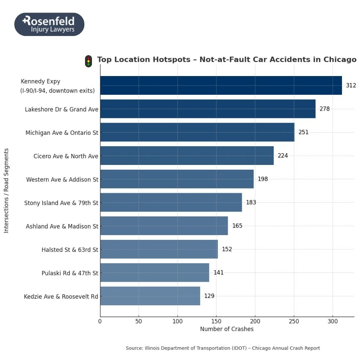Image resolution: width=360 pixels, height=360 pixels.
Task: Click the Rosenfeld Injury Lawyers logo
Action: (49, 24)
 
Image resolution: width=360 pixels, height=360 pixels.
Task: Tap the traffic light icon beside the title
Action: (88, 61)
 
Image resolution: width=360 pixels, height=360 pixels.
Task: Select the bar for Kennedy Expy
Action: (221, 86)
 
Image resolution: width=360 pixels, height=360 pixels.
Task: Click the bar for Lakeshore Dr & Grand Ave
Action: (208, 109)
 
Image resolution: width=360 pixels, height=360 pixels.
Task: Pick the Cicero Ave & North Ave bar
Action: (187, 156)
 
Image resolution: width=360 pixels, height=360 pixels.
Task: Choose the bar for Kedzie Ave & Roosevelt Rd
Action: (150, 296)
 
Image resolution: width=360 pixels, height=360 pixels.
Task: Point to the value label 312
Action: (351, 86)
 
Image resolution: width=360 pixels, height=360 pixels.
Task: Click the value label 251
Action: (303, 132)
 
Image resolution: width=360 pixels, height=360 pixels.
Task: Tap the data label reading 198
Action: (263, 179)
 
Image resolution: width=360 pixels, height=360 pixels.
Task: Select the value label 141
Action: (219, 273)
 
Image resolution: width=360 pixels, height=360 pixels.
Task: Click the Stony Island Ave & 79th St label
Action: (61, 203)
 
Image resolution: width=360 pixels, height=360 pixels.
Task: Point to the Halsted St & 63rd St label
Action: (70, 250)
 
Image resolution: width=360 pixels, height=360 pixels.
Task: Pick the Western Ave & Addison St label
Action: (62, 180)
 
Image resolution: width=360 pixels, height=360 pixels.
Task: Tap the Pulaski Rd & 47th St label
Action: (70, 273)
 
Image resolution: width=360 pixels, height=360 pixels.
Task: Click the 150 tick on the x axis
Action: (216, 322)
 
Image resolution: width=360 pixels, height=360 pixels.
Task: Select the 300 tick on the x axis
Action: (333, 322)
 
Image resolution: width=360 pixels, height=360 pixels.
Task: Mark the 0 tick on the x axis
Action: (100, 322)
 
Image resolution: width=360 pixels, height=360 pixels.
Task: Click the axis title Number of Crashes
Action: (227, 329)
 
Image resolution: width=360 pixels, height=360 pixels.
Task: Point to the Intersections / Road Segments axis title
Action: (6, 190)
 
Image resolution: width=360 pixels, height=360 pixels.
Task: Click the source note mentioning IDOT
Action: (223, 348)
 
